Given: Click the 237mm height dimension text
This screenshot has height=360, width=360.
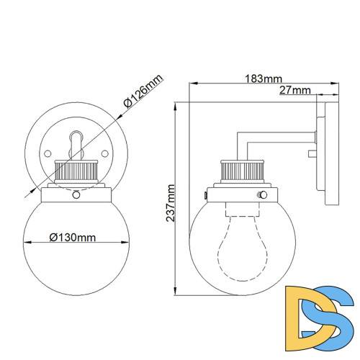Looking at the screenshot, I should click(171, 202).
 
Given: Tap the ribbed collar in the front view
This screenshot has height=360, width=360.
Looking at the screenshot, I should click(75, 173).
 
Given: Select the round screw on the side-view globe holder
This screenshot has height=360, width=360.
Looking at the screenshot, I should click(264, 194).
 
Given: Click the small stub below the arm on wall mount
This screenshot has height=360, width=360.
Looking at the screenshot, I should click(312, 153).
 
